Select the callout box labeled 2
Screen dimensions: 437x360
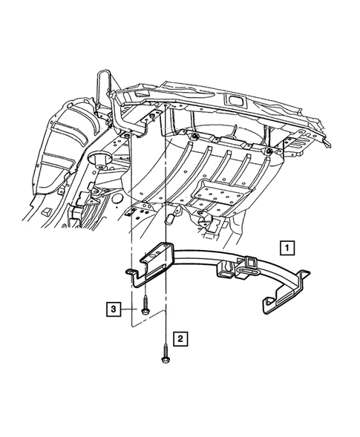click(178, 339)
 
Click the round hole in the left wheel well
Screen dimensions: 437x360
click(96, 160)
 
